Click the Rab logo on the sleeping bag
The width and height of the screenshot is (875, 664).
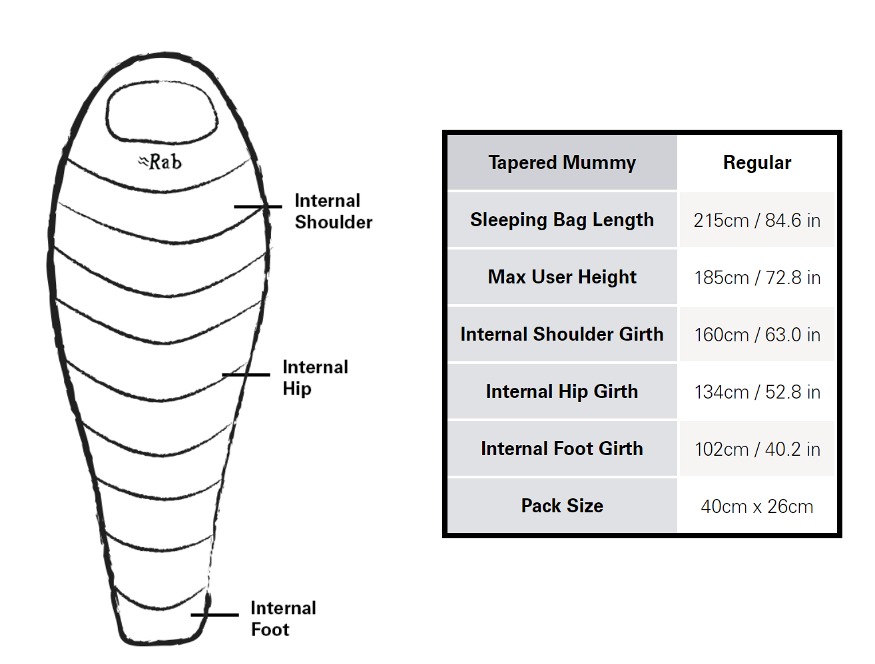point(160,162)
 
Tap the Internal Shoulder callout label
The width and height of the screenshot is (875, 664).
point(333,212)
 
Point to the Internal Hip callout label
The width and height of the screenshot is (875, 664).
point(316,378)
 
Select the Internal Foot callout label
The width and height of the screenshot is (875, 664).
point(283,619)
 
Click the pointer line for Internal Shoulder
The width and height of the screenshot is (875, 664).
point(258,207)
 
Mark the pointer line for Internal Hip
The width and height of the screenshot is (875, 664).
point(246,375)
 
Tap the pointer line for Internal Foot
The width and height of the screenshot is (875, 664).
point(215,615)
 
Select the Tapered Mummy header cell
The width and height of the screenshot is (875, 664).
point(562,162)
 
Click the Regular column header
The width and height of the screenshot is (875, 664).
point(757,162)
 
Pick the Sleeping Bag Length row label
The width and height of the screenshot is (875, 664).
point(562,220)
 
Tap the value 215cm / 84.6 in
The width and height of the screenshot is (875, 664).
point(757,220)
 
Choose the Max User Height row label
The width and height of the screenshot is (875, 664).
point(562,277)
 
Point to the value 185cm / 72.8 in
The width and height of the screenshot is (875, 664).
point(757,277)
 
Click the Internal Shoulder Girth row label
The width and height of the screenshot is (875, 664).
point(562,334)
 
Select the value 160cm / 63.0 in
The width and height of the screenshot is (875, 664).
point(757,335)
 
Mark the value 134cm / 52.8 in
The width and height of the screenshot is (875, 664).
point(757,392)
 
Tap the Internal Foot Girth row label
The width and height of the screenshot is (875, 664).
point(562,448)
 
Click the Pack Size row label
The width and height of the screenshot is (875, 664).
point(562,506)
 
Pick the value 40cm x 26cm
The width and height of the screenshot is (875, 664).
point(757,507)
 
